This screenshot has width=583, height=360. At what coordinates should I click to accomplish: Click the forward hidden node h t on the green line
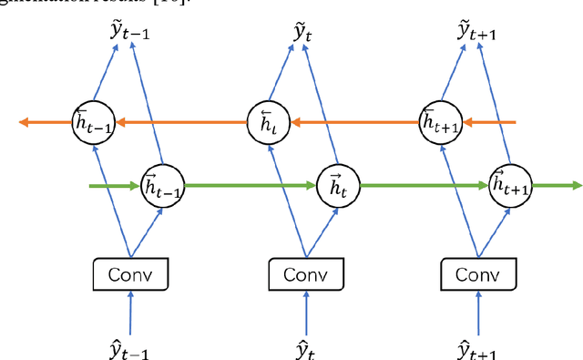tap(335, 186)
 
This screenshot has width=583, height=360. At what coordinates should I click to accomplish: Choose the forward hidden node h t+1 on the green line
tap(510, 186)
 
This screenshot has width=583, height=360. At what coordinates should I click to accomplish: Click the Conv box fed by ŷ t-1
tap(132, 273)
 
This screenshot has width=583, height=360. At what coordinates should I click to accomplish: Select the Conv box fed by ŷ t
tap(306, 273)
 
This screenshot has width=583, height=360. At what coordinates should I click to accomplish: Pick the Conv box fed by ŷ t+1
tap(477, 273)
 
